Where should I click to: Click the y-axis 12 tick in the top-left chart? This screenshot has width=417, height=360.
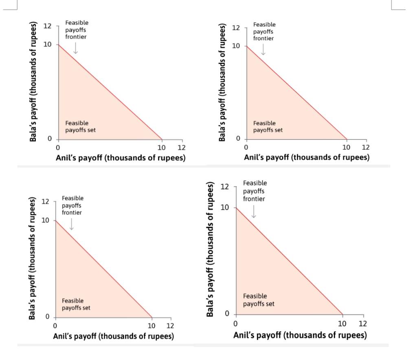(47, 26)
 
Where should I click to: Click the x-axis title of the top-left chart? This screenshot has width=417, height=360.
(121, 158)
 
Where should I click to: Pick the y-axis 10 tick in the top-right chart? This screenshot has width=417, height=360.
(236, 46)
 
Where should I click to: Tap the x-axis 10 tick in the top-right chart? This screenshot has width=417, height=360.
(346, 147)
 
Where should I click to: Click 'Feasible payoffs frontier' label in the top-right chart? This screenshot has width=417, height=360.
(264, 31)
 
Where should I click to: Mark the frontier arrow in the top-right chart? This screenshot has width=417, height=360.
(263, 49)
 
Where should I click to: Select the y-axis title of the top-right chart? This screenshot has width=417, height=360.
(222, 82)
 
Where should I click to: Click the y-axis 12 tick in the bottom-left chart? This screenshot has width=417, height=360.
(45, 202)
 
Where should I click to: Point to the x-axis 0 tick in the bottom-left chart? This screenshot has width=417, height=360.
(55, 325)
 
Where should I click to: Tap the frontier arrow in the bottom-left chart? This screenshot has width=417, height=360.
(71, 224)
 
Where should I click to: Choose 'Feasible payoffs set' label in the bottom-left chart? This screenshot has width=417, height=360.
(76, 304)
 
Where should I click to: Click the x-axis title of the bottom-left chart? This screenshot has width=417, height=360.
(114, 336)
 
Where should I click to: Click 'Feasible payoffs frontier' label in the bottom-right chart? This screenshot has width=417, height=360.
(255, 191)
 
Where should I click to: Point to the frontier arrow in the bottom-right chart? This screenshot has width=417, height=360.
(254, 211)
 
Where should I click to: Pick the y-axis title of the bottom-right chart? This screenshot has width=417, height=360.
(211, 250)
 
